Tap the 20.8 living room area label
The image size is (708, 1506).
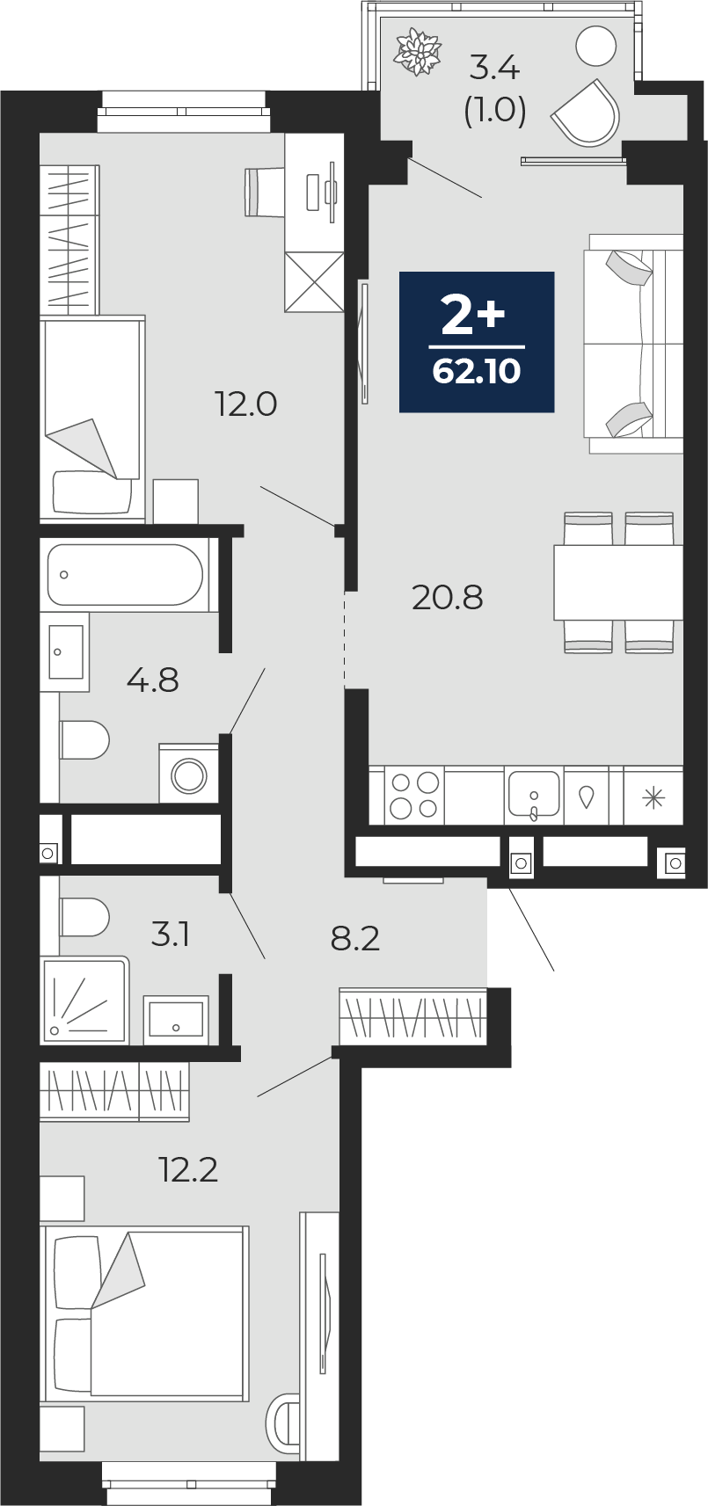(447, 597)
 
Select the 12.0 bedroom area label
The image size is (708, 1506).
(245, 404)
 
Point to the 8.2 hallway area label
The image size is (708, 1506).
(355, 938)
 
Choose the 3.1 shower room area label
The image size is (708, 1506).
(170, 935)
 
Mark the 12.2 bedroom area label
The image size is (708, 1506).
(187, 1170)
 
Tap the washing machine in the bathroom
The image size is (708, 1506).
(189, 773)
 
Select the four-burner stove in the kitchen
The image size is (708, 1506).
(414, 796)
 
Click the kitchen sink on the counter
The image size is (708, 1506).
(534, 793)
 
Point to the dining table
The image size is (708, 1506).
(618, 582)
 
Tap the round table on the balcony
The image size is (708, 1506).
(596, 46)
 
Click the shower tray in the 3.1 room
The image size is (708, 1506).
(84, 1000)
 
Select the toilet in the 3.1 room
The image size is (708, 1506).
(84, 917)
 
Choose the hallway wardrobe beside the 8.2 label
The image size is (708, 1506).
(412, 1016)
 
